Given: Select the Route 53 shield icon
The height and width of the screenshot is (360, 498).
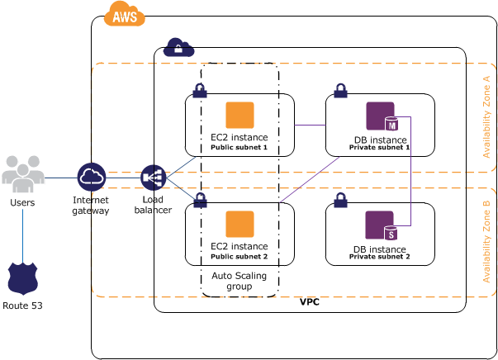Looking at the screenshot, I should pos(22,279).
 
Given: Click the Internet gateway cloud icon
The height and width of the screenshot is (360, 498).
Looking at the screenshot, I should pos(92,178).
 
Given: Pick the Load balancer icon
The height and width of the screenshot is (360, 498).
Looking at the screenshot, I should pos(154,178).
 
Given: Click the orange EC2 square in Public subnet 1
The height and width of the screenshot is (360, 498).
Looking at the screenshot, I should pos(240,115).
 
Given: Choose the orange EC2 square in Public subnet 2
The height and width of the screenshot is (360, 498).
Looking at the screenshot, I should pos(240,224).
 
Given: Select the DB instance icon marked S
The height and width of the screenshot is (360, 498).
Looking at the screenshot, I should pos(381,225).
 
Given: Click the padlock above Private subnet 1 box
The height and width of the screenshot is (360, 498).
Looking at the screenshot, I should pos(340,91).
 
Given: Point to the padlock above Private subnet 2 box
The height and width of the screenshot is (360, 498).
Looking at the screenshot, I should pos(340,201).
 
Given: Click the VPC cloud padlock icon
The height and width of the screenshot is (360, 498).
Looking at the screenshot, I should pos(178,48).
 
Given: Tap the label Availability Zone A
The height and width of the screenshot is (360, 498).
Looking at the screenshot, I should pos(486,116).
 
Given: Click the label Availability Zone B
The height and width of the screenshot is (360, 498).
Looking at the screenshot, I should pos(486,241).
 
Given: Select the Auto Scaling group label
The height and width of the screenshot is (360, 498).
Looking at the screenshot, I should pos(240,281).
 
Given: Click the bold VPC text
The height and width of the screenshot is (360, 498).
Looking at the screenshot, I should pos(310,303).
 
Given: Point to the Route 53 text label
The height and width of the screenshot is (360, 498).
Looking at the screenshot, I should pos(22,306).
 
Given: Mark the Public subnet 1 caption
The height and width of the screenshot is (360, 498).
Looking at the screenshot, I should pos(240,148).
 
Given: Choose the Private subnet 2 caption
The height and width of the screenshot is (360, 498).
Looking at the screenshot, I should pos(380,257).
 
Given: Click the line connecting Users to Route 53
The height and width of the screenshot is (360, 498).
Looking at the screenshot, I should pos(22,235).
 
